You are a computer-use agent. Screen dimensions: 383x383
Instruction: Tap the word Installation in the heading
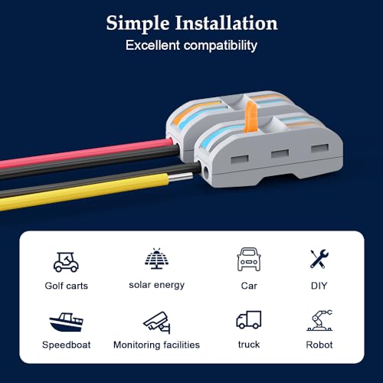click(226, 23)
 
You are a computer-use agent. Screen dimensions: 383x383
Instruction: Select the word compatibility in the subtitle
click(221, 46)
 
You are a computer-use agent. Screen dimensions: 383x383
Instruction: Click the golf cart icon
click(66, 262)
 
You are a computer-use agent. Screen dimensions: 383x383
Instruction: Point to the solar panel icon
click(156, 258)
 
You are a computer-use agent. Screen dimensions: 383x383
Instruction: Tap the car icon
click(249, 259)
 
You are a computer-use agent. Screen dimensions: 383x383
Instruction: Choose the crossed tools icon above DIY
click(319, 259)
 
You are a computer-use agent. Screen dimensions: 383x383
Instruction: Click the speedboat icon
click(66, 322)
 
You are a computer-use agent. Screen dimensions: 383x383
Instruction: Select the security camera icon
click(156, 322)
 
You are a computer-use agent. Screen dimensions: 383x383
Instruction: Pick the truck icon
click(249, 319)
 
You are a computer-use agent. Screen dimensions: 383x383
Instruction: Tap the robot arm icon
click(319, 320)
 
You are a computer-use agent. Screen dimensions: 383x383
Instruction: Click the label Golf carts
click(67, 286)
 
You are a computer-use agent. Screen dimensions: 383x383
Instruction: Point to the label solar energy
click(156, 285)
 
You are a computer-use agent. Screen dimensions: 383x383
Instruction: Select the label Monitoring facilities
click(156, 345)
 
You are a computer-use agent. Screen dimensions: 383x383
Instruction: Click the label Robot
click(319, 345)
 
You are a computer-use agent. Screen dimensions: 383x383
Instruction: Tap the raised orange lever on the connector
click(250, 116)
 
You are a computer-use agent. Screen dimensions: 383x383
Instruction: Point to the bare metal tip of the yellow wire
click(181, 177)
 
